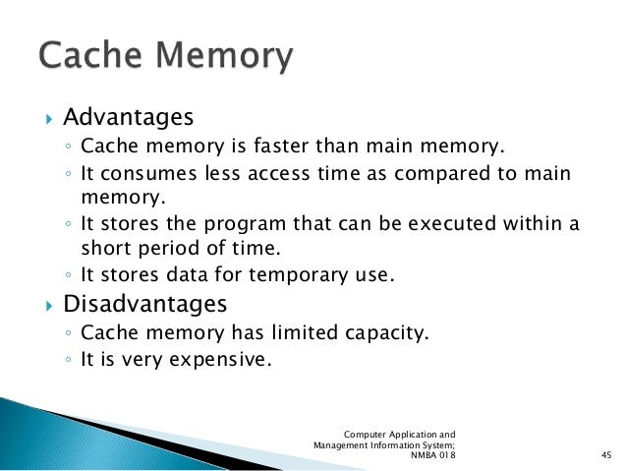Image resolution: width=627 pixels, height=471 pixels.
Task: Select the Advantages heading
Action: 128,118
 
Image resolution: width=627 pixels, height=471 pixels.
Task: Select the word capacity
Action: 393,333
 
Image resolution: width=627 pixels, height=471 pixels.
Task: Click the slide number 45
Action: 605,455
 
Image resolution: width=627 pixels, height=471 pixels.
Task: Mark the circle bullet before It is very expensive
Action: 66,360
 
